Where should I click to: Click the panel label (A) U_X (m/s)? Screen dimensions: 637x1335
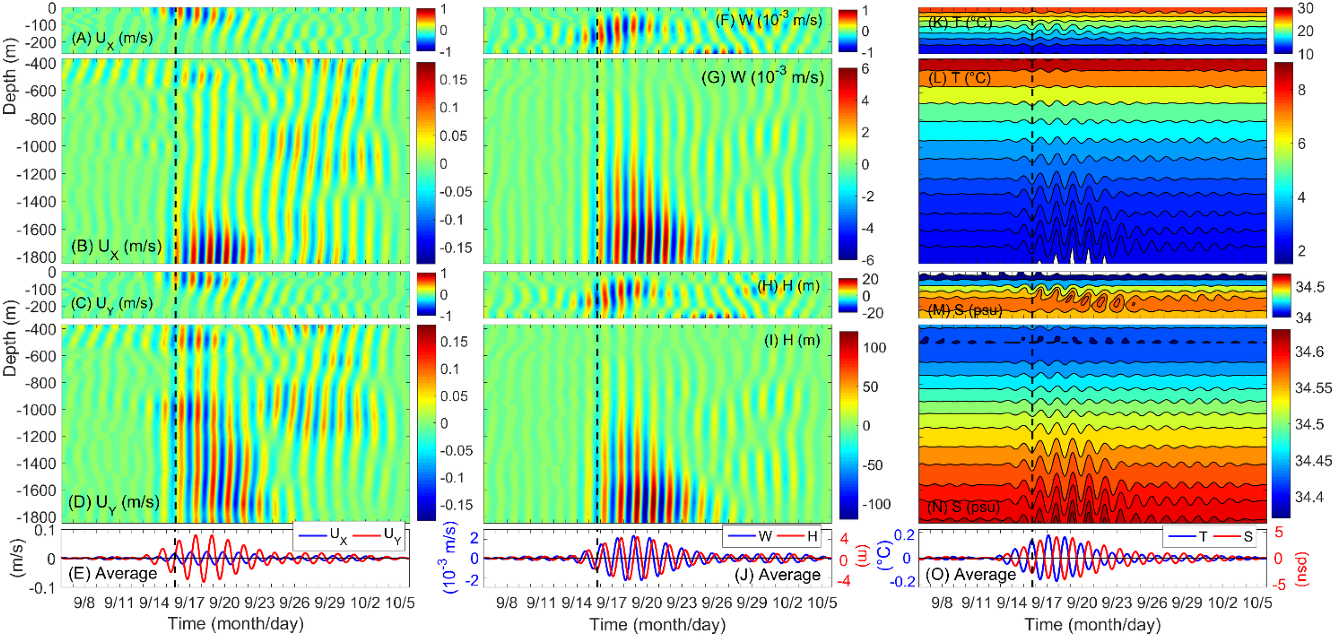(112, 39)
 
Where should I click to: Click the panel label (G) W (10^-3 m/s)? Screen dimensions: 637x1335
(762, 77)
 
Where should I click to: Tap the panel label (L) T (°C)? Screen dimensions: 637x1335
(960, 78)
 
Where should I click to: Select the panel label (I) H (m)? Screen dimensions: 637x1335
(792, 340)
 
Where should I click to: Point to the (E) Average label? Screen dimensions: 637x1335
(113, 573)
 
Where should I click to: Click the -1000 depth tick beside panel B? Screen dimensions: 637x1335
(36, 146)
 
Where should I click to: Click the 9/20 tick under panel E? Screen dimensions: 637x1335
(224, 603)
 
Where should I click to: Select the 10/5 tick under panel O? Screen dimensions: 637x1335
(1257, 603)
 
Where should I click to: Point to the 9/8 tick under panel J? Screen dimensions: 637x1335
(506, 603)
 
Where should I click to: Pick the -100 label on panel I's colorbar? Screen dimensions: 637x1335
(876, 504)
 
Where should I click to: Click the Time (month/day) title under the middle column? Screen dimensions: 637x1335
(657, 624)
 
